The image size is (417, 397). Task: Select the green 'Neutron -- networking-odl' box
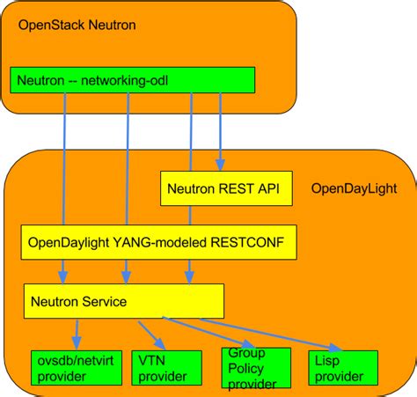(132, 80)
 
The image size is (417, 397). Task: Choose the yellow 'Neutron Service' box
(122, 301)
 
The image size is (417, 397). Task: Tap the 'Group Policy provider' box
(254, 369)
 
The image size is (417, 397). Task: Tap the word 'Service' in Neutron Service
(105, 301)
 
